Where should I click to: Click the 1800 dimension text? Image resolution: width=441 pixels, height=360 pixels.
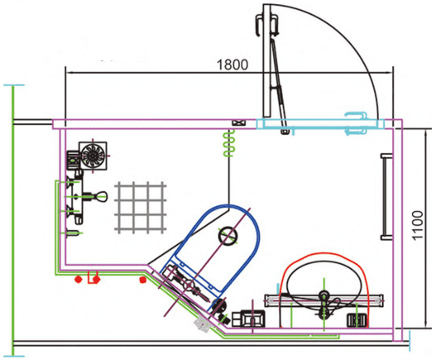click(232, 65)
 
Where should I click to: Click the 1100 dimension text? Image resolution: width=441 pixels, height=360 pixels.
click(418, 225)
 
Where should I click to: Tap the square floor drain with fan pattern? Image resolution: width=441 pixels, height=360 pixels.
click(93, 156)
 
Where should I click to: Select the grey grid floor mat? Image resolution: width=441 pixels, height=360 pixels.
click(141, 208)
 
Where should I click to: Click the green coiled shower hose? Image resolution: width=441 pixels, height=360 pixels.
click(229, 143)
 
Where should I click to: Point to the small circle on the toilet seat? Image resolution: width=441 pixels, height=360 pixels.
click(228, 235)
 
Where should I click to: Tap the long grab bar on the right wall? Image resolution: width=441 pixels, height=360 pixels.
click(386, 197)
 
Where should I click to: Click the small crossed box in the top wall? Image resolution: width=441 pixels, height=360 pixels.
click(239, 123)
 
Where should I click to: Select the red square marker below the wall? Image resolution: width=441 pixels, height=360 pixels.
click(143, 280)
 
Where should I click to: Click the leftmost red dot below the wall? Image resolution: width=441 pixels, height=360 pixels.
click(78, 280)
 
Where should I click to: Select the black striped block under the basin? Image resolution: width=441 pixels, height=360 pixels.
click(357, 320)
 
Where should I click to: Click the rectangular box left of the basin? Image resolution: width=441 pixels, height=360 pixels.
click(248, 319)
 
